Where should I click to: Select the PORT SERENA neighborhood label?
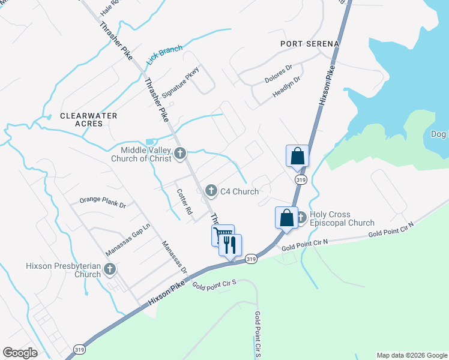point(310,44)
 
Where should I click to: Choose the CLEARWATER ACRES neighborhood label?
point(89,119)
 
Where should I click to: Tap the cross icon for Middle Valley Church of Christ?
point(179,154)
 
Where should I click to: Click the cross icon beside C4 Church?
point(211,191)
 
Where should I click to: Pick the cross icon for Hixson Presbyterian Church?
point(110,269)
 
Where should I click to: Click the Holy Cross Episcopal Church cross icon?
point(301,218)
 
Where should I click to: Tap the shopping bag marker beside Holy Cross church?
point(286,218)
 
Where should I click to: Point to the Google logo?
point(20,352)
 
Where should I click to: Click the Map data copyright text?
point(412,355)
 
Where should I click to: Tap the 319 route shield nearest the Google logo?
point(79,349)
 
